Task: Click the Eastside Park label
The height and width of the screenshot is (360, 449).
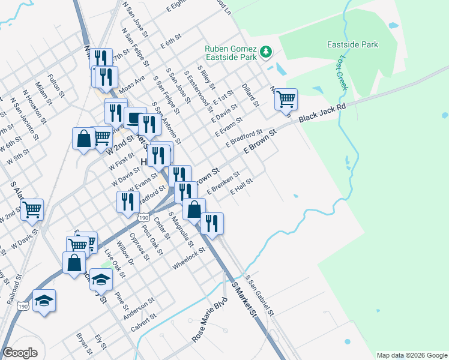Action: click(x=352, y=44)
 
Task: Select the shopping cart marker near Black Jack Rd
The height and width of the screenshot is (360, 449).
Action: click(x=286, y=98)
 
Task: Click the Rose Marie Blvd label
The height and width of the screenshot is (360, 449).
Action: click(x=210, y=320)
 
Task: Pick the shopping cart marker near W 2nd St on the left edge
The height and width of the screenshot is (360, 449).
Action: click(x=32, y=209)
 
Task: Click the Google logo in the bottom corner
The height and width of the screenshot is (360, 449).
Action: click(x=20, y=353)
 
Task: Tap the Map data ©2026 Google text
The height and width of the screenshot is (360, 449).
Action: click(x=411, y=355)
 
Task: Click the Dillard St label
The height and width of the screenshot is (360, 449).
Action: click(x=250, y=95)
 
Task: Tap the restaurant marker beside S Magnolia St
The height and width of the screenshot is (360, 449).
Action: click(x=211, y=223)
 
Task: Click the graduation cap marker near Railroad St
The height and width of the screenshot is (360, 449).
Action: click(x=44, y=300)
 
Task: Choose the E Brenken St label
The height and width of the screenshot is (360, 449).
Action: click(x=223, y=183)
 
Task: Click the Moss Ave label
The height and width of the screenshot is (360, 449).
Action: click(x=132, y=84)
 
